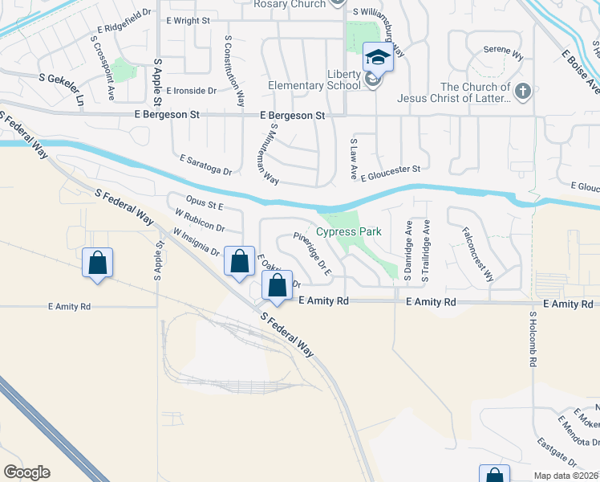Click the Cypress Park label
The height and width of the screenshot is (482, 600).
click(x=347, y=232)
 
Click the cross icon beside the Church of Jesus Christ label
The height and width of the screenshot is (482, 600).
click(x=523, y=90)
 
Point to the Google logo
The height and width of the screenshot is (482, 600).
click(x=26, y=472)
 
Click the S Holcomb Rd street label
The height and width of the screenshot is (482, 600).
click(x=533, y=340)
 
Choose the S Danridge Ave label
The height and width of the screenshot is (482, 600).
click(x=408, y=250)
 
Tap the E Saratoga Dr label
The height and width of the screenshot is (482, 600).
click(x=206, y=165)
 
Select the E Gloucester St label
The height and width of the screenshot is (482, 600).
click(x=391, y=169)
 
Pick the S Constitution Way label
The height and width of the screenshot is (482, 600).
click(x=234, y=71)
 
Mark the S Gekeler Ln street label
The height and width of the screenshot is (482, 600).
click(x=62, y=78)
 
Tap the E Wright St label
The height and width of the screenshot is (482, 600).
click(x=186, y=19)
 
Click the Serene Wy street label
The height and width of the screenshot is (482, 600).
click(x=503, y=54)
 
